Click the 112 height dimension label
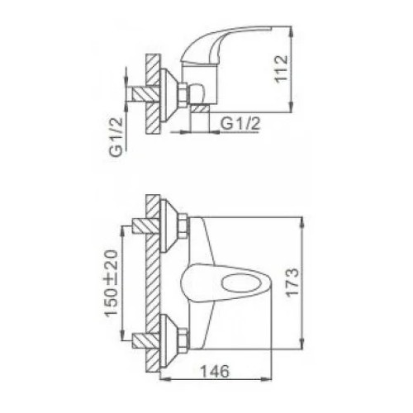pyautogui.click(x=282, y=69)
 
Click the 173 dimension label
pyautogui.click(x=292, y=282)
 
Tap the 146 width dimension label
pyautogui.click(x=215, y=372)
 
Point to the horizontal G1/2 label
pyautogui.click(x=240, y=124)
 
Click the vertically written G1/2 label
pyautogui.click(x=116, y=137)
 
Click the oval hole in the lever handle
pyautogui.click(x=240, y=283)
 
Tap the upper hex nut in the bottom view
pyautogui.click(x=183, y=227)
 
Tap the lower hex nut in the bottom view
pyautogui.click(x=183, y=340)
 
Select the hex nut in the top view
pyautogui.click(x=183, y=94)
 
